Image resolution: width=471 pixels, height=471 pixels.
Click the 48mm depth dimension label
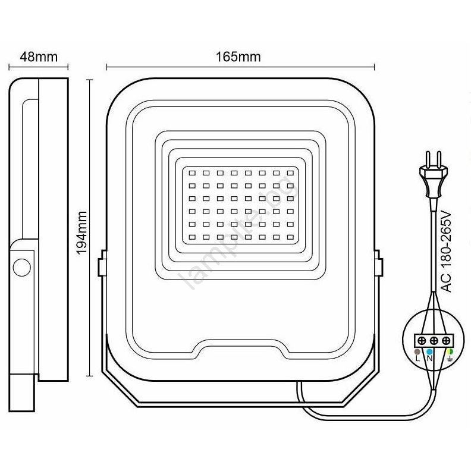tap(39, 56)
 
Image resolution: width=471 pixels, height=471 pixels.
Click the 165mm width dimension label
tap(238, 56)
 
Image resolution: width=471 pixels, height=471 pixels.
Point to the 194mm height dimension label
tap(81, 233)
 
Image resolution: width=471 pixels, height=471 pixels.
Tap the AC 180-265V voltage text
tap(447, 251)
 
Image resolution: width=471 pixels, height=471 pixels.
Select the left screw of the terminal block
tap(422, 341)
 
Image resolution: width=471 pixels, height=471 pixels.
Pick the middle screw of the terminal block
tap(434, 341)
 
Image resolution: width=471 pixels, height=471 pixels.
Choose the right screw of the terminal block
tap(446, 341)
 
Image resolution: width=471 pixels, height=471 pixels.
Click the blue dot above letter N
tap(429, 351)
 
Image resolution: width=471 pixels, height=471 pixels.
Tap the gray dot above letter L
tap(417, 351)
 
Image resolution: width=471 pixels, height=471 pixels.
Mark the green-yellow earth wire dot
tap(450, 351)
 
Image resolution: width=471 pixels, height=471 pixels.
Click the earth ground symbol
tap(450, 359)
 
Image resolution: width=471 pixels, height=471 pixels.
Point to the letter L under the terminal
tap(417, 359)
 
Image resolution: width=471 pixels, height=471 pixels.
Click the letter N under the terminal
tap(429, 359)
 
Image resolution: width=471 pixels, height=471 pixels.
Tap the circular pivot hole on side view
tap(22, 267)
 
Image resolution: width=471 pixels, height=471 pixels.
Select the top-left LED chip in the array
tap(192, 173)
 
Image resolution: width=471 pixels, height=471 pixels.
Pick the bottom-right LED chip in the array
tap(290, 237)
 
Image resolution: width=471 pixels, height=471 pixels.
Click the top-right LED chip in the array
tap(290, 173)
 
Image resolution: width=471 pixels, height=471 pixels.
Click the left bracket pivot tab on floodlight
tap(102, 263)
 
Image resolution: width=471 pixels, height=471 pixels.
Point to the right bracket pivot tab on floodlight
tap(378, 263)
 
